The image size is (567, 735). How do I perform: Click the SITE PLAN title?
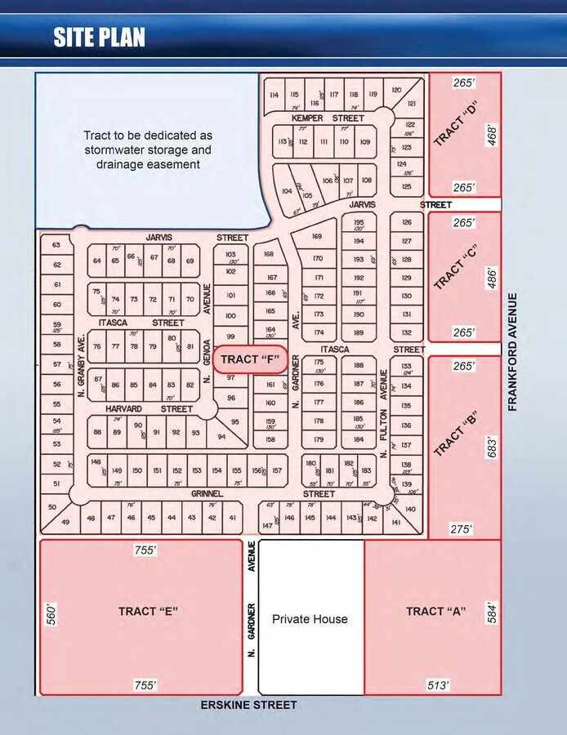[100, 37]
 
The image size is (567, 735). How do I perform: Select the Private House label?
[310, 619]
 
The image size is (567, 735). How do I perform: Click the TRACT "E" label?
[148, 611]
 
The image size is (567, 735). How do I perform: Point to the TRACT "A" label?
[435, 611]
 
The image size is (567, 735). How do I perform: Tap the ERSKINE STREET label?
[248, 705]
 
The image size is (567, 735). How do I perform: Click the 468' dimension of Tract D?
[490, 134]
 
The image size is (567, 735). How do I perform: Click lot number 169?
[319, 237]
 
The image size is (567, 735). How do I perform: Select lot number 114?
[273, 96]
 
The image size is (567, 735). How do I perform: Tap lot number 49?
[65, 523]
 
